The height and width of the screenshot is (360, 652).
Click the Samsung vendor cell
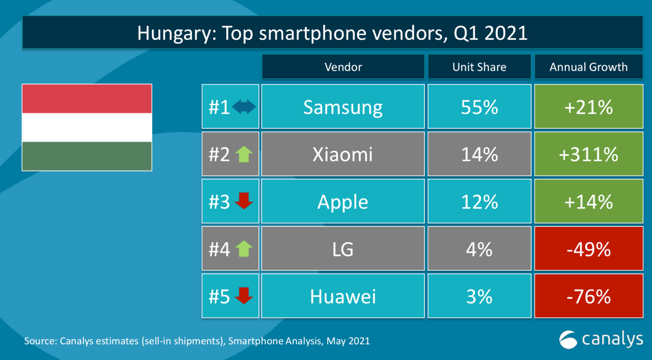pos(343,107)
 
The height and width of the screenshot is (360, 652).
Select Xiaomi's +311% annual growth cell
pos(588,154)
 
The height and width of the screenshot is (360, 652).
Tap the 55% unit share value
pos(479,107)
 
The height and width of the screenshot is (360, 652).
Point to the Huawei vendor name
pos(343,296)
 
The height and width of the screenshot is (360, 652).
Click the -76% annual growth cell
pos(588,296)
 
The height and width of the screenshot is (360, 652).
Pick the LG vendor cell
pos(343,249)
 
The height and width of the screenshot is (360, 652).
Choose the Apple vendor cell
pos(343,202)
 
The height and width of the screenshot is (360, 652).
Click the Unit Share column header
pos(479,67)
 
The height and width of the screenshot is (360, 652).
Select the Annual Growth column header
pos(588,67)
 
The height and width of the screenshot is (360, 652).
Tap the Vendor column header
pos(343,67)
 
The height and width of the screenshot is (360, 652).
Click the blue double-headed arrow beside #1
pos(244,107)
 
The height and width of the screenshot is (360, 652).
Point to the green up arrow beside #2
pos(244,154)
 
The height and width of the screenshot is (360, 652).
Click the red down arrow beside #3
pos(244,201)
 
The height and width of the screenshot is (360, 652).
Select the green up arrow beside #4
pos(244,249)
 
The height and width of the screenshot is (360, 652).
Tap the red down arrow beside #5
pos(244,296)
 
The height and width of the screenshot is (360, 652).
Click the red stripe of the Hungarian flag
pos(87,99)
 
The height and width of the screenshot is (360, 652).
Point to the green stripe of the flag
pos(87,156)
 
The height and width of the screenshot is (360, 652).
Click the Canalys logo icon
pos(568,339)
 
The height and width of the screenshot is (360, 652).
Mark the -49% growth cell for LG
pos(588,249)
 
